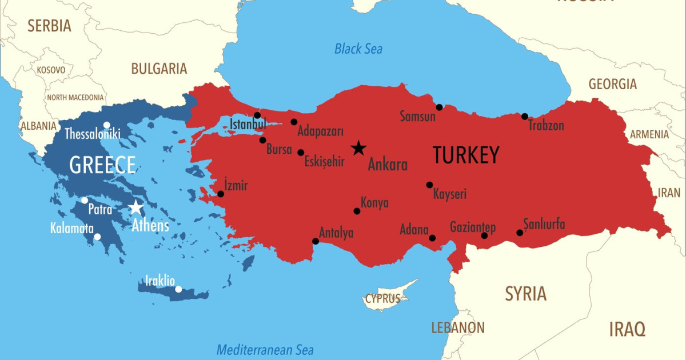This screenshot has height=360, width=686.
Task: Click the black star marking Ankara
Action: coord(358,148)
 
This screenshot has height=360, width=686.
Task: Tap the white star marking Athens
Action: coord(136,207)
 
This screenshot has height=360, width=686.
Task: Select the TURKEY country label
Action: coord(466,155)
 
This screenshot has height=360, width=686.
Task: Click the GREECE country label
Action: coord(102,165)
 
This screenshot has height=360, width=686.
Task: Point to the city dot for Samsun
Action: coord(439,107)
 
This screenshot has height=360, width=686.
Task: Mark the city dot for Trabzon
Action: coord(525,117)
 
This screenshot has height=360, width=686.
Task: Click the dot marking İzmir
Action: coord(221,194)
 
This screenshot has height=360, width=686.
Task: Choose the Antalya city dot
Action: coord(316,241)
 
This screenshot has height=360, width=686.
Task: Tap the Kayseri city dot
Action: coord(429,185)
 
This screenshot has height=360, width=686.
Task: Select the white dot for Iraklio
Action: coord(178,289)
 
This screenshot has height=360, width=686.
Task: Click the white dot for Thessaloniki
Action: coord(106,125)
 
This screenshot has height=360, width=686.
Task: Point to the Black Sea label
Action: coord(358,49)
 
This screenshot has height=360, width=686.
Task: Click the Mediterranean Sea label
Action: coord(265,350)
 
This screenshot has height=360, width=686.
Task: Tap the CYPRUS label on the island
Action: coord(383,298)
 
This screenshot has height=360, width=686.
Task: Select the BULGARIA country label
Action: coord(159,69)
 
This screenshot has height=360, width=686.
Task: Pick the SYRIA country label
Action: coord(525,294)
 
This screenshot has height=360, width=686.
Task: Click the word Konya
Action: coord(374,203)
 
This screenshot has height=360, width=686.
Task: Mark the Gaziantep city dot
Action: coord(484,235)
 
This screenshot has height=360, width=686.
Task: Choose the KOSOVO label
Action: coord(51,70)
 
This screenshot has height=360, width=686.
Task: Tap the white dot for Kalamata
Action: coord(97,237)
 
